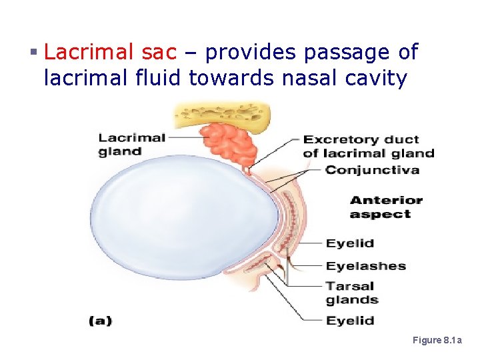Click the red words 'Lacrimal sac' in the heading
(111, 51)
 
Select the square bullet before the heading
(33, 52)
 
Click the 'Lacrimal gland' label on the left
(131, 144)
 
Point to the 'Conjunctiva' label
(371, 170)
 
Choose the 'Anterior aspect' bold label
(385, 207)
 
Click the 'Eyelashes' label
(365, 266)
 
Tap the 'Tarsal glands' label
(351, 293)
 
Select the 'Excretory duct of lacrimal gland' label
(368, 146)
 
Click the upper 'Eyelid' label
(349, 243)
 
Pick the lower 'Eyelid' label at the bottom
(349, 321)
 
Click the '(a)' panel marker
(100, 321)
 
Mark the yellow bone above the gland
(220, 115)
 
